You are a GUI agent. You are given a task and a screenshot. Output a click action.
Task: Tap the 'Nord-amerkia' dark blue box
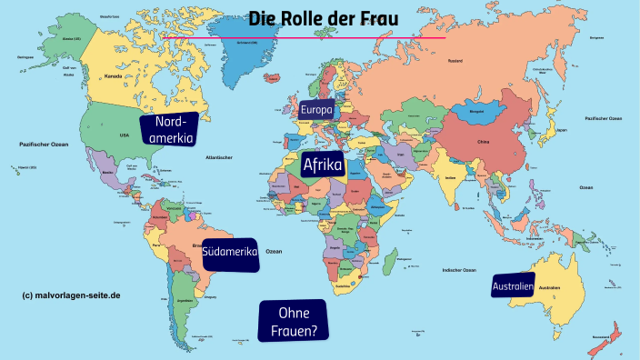[170, 131]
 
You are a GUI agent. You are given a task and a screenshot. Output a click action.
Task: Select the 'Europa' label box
[317, 110]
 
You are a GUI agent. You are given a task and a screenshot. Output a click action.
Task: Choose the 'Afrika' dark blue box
[322, 165]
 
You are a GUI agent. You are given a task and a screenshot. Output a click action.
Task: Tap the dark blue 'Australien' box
[513, 287]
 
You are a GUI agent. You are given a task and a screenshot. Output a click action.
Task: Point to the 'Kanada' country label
[114, 76]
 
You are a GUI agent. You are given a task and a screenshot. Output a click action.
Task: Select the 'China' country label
[483, 143]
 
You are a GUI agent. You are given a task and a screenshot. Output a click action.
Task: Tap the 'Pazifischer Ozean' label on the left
[45, 145]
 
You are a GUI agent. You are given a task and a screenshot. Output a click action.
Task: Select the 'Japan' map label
[561, 129]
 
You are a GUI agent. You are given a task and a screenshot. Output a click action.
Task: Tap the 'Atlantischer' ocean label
[220, 157]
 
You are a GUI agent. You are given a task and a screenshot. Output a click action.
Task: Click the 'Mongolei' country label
[476, 113]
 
